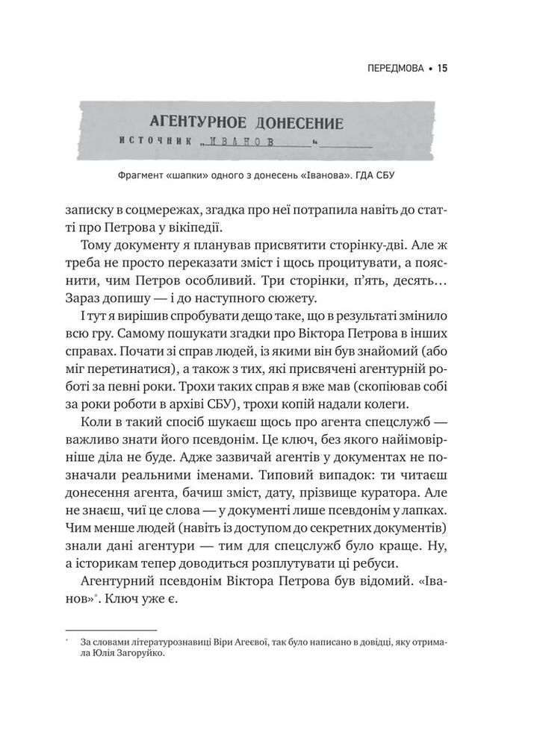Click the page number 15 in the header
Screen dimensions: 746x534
pyautogui.click(x=441, y=69)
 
